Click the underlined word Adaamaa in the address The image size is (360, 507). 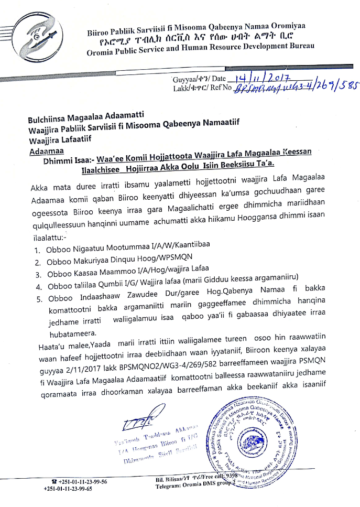(x=46, y=150)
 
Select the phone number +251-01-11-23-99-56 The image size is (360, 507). (x=81, y=481)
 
